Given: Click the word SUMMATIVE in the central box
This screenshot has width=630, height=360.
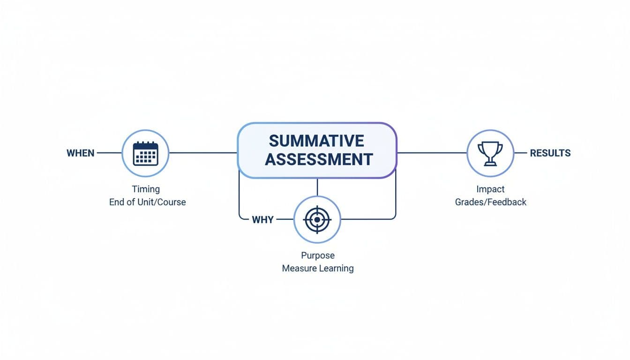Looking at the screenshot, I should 317,141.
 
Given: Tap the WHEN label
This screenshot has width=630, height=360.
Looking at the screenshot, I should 81,153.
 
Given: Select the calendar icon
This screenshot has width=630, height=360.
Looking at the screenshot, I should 145,153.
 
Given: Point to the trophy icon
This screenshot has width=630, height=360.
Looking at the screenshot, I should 490,153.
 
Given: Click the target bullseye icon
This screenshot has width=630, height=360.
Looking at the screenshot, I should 317,219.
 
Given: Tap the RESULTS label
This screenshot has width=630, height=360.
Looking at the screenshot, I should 550,153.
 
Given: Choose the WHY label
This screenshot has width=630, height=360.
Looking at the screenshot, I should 262,219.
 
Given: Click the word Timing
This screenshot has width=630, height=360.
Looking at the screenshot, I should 146,189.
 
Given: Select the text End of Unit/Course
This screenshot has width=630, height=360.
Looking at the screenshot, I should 147,202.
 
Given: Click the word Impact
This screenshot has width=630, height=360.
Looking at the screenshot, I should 490,189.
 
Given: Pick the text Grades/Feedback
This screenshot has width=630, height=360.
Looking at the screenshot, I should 491,202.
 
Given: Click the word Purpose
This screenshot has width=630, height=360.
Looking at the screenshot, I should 318,255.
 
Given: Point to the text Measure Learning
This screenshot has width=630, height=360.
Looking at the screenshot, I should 318,269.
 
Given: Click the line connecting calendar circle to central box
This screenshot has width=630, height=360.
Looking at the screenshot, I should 202,153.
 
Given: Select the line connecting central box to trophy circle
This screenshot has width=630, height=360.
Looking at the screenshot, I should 431,153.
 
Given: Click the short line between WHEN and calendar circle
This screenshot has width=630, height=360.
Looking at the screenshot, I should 109,153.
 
